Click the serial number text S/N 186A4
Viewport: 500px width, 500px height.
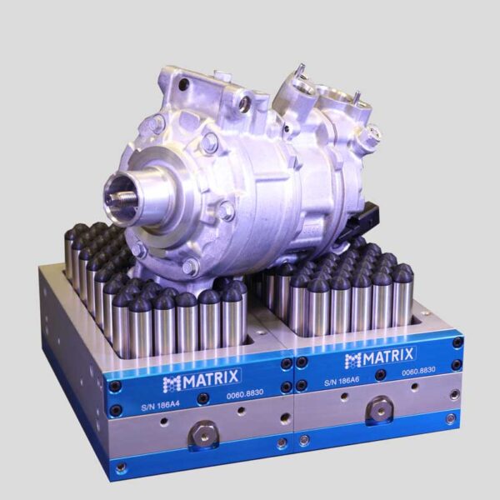[160, 406]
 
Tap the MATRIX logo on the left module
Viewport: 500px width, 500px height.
[201, 379]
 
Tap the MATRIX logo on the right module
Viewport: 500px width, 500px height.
[379, 357]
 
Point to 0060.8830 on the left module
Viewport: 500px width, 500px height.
[245, 394]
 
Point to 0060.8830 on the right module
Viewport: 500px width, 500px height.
[418, 371]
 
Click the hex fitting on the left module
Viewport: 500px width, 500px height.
[204, 435]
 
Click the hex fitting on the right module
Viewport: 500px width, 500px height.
[379, 410]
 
